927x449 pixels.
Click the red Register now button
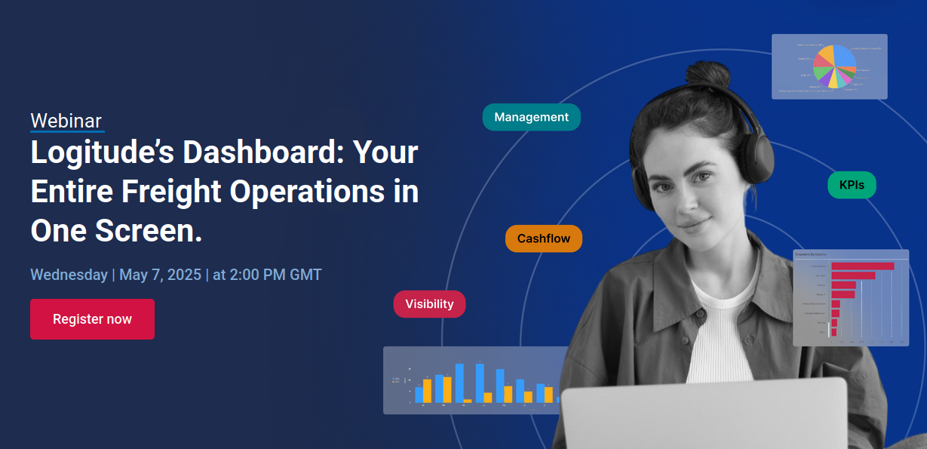coord(92,319)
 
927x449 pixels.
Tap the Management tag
coord(531,117)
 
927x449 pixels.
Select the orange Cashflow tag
coord(543,238)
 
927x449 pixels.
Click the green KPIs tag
coord(851,185)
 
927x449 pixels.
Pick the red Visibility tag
coord(429,304)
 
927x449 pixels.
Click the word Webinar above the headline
coord(66,121)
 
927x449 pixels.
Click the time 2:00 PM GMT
coord(275,275)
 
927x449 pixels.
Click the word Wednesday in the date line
coord(69,275)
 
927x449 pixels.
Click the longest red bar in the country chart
coord(862,266)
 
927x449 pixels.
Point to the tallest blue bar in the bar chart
coord(480,382)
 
